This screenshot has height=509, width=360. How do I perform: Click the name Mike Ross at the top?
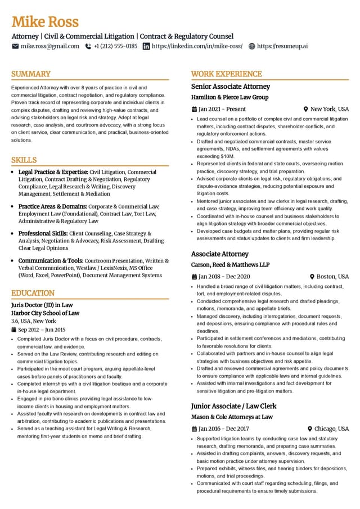[x=45, y=22]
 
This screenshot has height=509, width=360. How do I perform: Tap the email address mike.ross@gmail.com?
[x=50, y=46]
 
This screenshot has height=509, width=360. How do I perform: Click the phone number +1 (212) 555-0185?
[x=115, y=46]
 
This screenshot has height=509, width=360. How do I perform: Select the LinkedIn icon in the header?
[x=146, y=46]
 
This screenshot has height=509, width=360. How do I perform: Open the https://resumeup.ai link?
[x=282, y=46]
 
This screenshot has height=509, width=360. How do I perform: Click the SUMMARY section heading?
[x=31, y=74]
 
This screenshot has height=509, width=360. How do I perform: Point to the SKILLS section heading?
[x=24, y=160]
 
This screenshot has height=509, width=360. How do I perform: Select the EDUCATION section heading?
[x=33, y=293]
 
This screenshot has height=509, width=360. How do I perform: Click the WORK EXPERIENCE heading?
[x=227, y=74]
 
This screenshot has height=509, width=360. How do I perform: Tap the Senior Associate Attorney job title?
[x=231, y=87]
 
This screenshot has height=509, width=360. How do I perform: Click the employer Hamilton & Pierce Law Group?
[x=229, y=97]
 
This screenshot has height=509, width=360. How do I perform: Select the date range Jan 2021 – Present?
[x=222, y=109]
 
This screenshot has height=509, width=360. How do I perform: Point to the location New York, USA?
[x=330, y=109]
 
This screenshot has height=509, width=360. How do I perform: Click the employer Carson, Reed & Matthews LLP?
[x=230, y=265]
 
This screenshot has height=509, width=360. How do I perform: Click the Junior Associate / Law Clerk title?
[x=233, y=406]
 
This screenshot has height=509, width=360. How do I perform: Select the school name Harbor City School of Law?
[x=45, y=313]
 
